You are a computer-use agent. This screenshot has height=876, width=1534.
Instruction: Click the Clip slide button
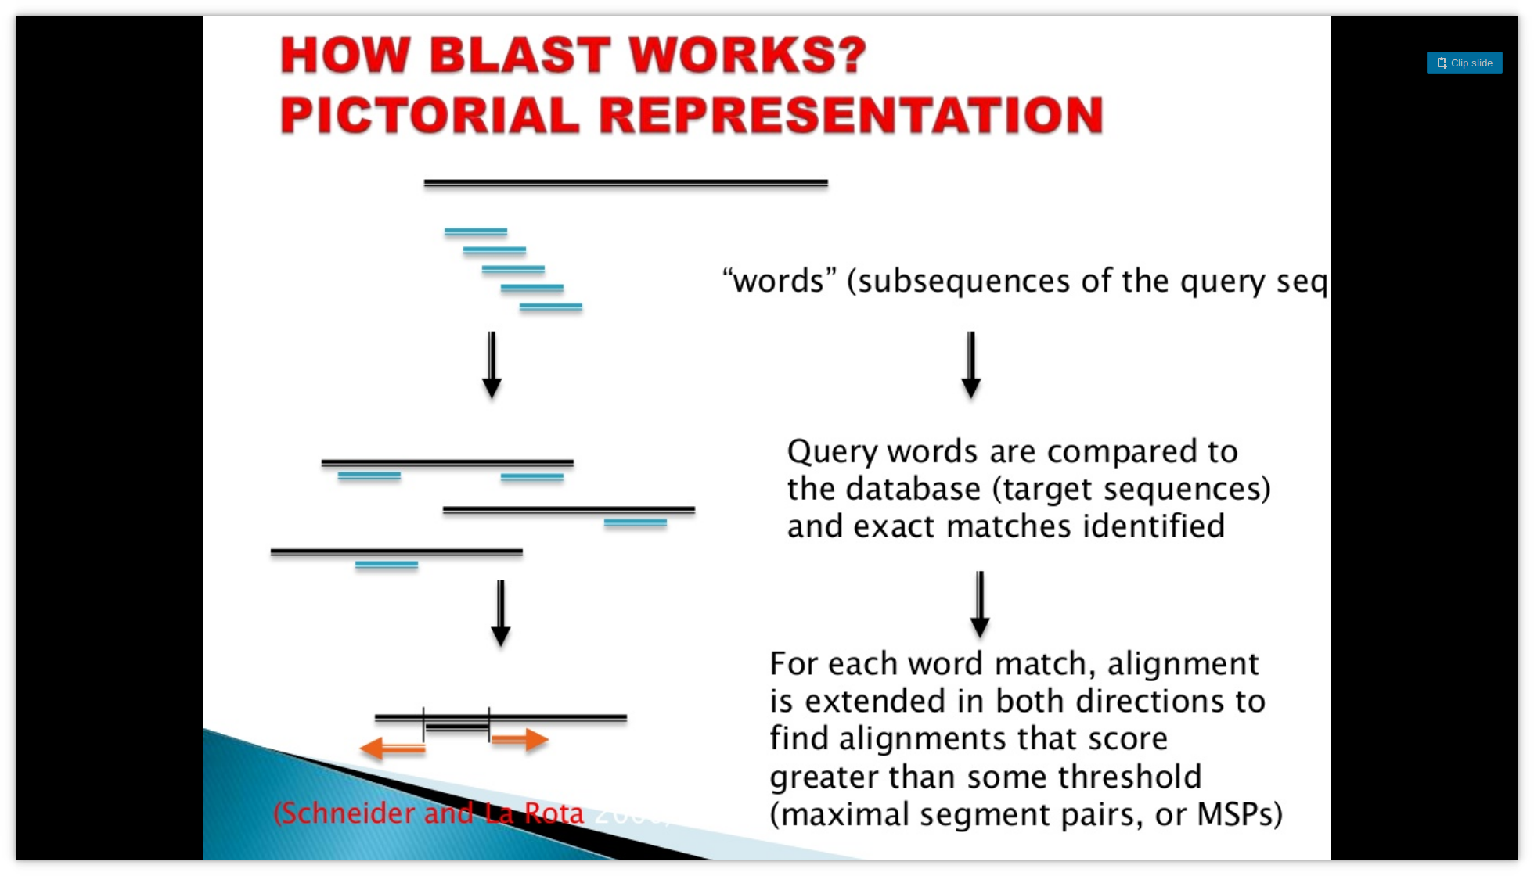click(1464, 63)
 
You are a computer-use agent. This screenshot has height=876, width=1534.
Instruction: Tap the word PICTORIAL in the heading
click(430, 116)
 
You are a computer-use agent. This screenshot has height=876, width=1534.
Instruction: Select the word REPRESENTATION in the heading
click(852, 116)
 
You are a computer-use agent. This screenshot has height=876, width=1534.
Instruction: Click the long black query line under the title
click(625, 183)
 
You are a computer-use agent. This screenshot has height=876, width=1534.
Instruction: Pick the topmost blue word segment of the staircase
click(475, 232)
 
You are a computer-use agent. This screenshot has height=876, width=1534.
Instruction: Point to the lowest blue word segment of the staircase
click(550, 307)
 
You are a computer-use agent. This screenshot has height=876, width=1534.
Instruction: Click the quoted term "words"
click(779, 281)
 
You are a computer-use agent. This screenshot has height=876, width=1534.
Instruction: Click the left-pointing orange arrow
click(392, 749)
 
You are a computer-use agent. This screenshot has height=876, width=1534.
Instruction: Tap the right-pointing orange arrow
click(520, 739)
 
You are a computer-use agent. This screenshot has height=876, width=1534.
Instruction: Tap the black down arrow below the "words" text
click(970, 364)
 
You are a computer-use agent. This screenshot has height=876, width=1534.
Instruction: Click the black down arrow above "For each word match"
click(980, 604)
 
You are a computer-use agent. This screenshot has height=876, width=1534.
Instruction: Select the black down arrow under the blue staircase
click(492, 364)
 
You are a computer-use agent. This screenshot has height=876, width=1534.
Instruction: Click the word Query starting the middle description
click(832, 452)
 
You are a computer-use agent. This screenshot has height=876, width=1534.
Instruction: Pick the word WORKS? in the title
click(747, 56)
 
